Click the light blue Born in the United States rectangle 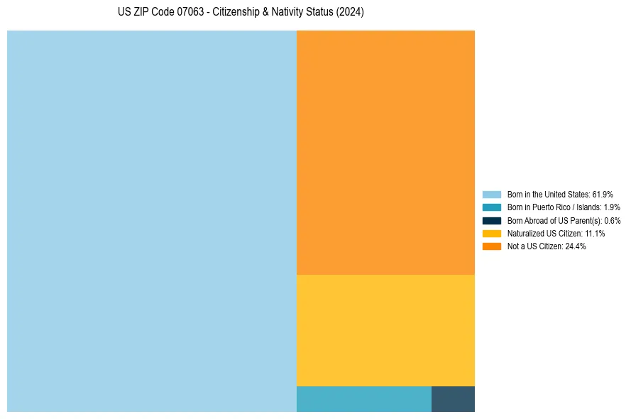click(151, 221)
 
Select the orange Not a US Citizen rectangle click(385, 152)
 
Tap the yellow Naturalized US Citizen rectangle click(385, 330)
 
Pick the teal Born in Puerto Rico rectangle click(363, 399)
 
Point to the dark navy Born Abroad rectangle click(453, 399)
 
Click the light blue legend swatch click(492, 194)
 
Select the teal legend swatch click(492, 207)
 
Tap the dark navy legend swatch click(492, 220)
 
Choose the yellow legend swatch click(492, 234)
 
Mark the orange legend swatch click(492, 246)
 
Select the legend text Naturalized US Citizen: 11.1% click(556, 234)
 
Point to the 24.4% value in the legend click(576, 246)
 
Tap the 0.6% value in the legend click(612, 220)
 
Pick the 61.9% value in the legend click(603, 194)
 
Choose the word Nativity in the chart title click(287, 13)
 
